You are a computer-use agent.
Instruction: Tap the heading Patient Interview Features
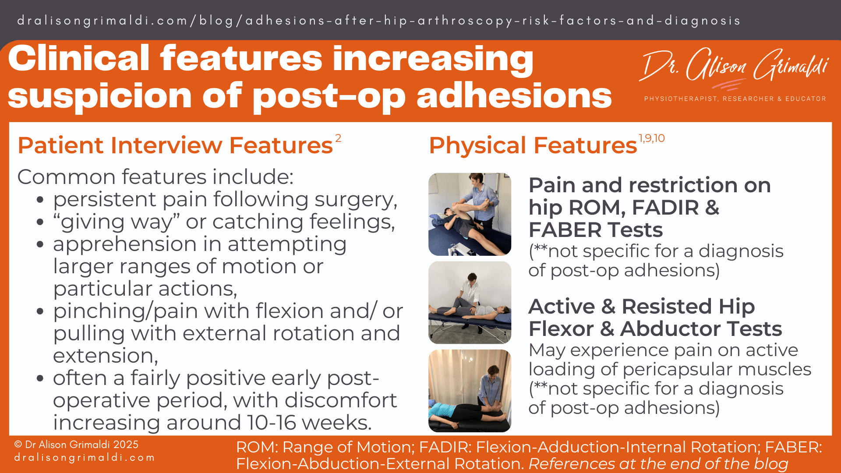(x=175, y=145)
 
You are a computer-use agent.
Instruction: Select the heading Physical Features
(x=533, y=145)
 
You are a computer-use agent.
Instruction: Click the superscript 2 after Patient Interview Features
(x=338, y=138)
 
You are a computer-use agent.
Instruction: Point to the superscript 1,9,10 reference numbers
(x=651, y=138)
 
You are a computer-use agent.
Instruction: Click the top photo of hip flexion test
(x=470, y=214)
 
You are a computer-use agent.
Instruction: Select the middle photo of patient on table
(x=470, y=303)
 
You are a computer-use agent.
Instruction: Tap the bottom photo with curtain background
(x=470, y=391)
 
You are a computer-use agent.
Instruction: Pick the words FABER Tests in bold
(x=595, y=230)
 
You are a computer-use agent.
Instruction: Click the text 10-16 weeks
(x=309, y=423)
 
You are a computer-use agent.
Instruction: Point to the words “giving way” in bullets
(x=117, y=222)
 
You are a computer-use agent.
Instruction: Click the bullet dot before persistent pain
(x=40, y=200)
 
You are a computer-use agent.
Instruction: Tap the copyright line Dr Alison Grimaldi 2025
(x=77, y=445)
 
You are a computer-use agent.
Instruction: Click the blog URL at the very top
(x=378, y=21)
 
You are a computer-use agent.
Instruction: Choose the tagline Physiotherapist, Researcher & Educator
(x=735, y=99)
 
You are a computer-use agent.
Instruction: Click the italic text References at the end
(x=658, y=464)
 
